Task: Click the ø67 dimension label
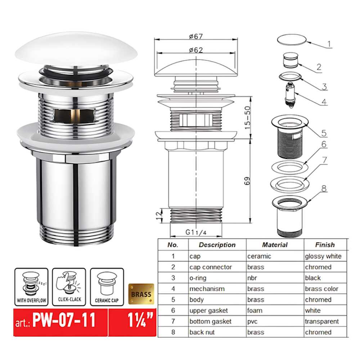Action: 196,36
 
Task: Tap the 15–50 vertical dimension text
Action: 247,118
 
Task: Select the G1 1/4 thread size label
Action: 196,232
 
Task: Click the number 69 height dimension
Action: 247,181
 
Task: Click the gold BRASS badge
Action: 141,294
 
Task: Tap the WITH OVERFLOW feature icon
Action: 31,287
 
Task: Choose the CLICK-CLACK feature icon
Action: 69,287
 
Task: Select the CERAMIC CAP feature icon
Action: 107,287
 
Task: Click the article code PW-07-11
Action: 64,320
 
